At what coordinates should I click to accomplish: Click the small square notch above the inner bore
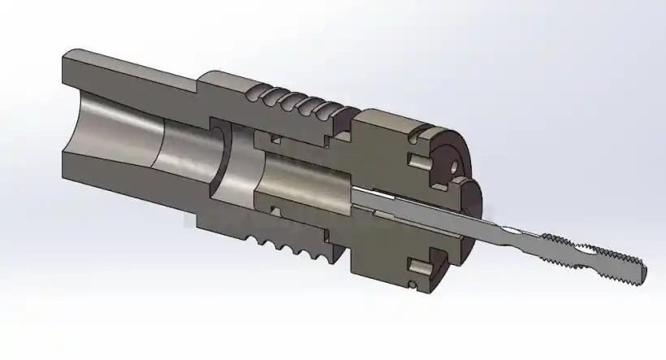pyautogui.click(x=275, y=140)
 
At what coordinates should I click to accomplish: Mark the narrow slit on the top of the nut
pyautogui.click(x=417, y=128)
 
